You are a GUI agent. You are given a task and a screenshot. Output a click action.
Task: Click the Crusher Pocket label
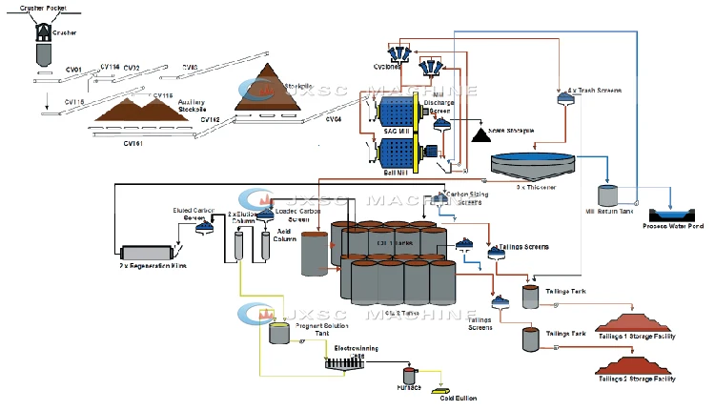41,8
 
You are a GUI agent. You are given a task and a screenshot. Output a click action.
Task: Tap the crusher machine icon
42,31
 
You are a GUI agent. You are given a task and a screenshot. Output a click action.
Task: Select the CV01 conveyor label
73,69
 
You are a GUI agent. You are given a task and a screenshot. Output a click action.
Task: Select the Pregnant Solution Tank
279,333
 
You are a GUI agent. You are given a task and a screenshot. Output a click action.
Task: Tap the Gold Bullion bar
442,390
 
